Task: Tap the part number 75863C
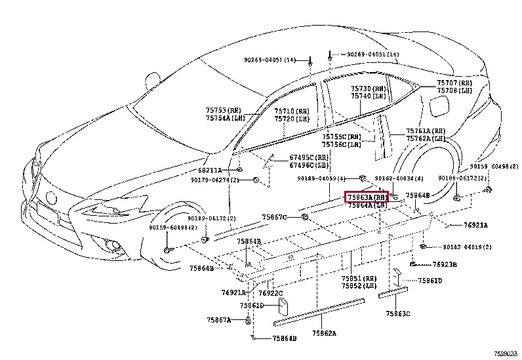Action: pos(398,313)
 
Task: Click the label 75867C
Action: pos(275,217)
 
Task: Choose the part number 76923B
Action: pos(445,265)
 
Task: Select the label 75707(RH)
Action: pos(455,83)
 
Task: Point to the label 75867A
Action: pos(220,320)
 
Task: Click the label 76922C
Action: pos(270,293)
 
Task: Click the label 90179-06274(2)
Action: pos(214,180)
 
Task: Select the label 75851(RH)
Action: pos(359,278)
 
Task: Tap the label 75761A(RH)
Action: pos(426,130)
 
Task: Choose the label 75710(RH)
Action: pos(292,111)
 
